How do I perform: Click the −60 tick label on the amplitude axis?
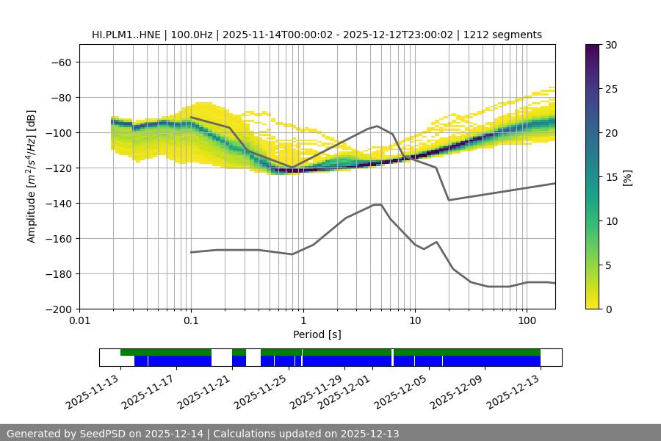coord(60,62)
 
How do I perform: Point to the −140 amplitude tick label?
coord(57,203)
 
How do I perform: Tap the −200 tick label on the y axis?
coord(57,309)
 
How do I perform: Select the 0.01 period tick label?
coord(79,321)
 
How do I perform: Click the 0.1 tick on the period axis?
coord(191,321)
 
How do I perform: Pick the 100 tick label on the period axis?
coord(527,321)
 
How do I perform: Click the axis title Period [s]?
coord(317,335)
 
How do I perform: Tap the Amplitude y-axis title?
coord(32,176)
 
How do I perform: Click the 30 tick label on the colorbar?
coord(610,45)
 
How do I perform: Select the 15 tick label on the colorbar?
coord(610,176)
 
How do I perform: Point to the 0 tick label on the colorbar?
coord(607,309)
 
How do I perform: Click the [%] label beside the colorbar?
coord(627,176)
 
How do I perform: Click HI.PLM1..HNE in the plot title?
coord(123,35)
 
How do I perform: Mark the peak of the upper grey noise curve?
coord(378,126)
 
